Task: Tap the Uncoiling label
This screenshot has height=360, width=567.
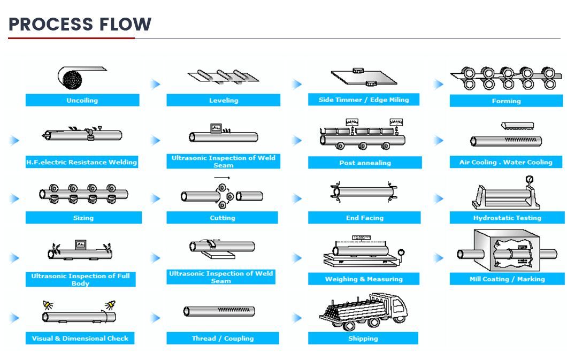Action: click(82, 101)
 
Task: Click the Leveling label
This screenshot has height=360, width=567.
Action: click(224, 101)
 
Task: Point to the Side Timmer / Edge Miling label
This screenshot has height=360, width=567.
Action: click(364, 100)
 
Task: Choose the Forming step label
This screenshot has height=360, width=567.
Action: click(506, 101)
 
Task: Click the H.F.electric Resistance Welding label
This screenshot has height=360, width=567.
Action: click(82, 162)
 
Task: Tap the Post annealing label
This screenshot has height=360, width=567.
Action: click(365, 163)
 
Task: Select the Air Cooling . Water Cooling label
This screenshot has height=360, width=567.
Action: click(506, 162)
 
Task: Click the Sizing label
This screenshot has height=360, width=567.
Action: click(83, 218)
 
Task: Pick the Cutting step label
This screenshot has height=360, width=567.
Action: click(223, 218)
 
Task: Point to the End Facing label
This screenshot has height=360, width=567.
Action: click(364, 218)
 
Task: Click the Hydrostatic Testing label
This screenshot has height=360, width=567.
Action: click(507, 218)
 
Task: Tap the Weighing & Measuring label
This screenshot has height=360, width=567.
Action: click(364, 279)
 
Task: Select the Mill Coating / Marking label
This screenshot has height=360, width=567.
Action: click(507, 279)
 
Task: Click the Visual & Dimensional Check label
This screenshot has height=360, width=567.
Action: click(80, 338)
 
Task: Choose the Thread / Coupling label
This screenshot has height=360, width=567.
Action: click(223, 338)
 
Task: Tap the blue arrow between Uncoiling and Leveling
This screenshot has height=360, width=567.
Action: click(155, 84)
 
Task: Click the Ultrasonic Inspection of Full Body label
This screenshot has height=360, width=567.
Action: click(80, 279)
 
